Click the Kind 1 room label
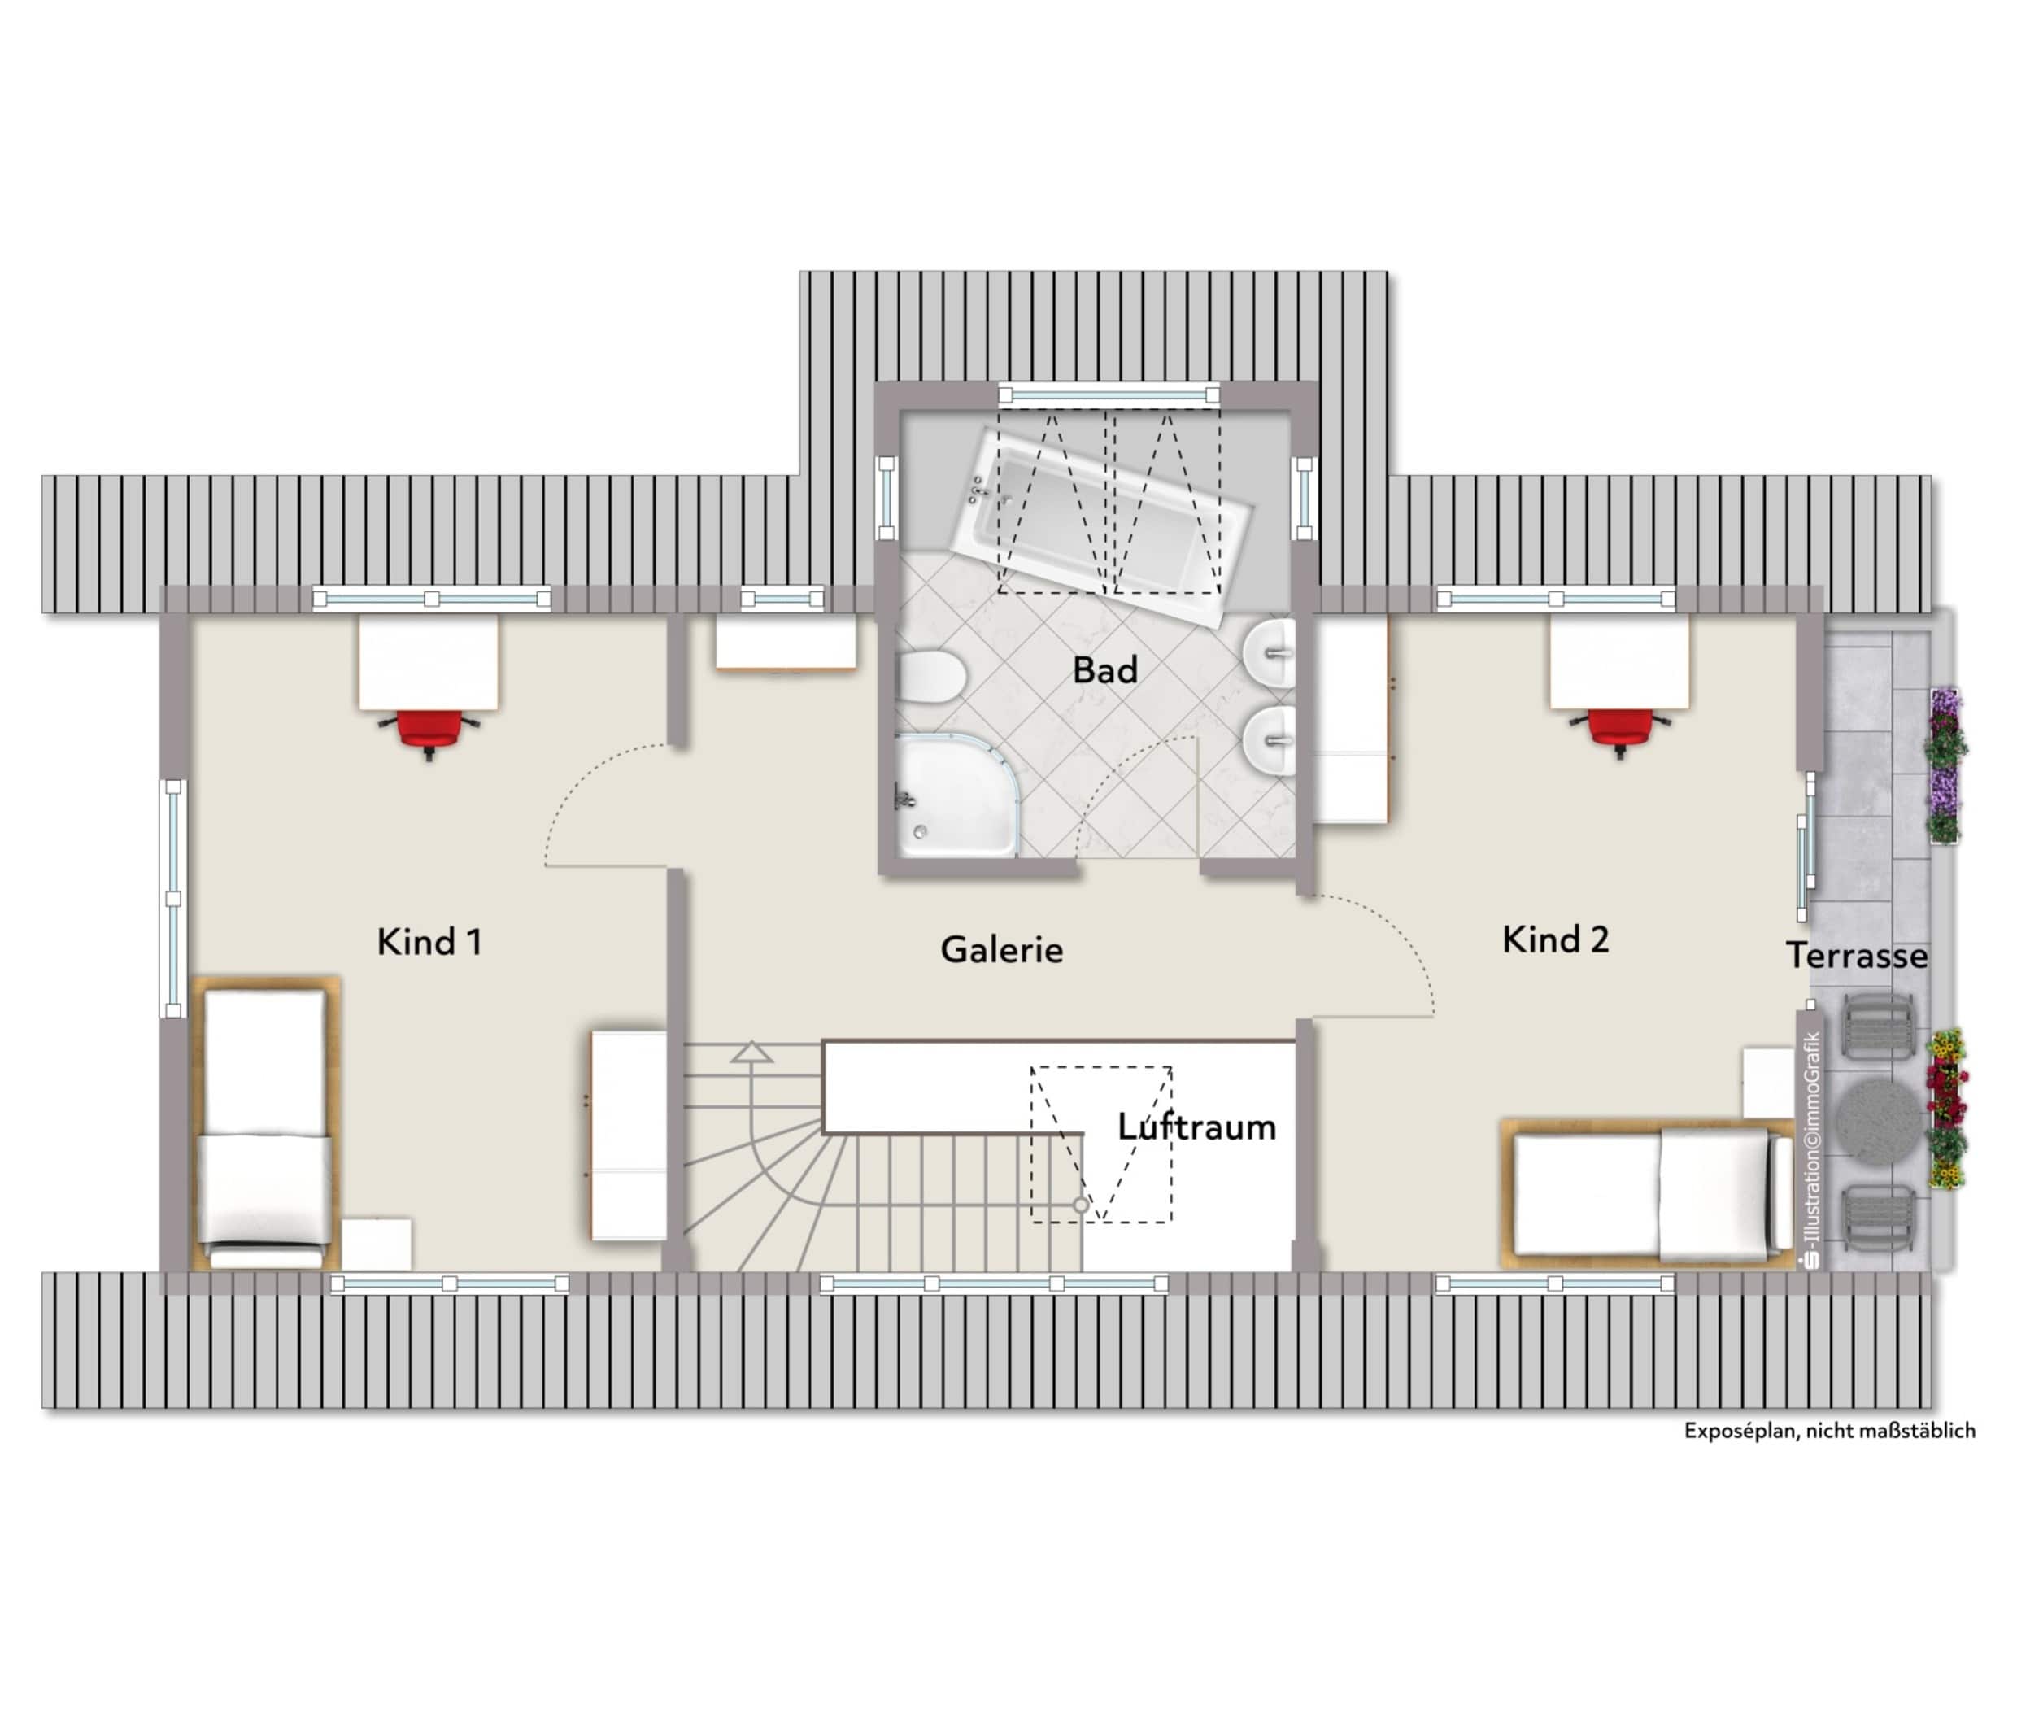coord(429,941)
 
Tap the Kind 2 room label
coord(1555,939)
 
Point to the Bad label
coord(1104,669)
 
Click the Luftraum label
coord(1196,1127)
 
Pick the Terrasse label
coord(1856,956)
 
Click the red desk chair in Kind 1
coord(429,730)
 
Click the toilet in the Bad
coord(930,676)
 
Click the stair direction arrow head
coord(751,1052)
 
